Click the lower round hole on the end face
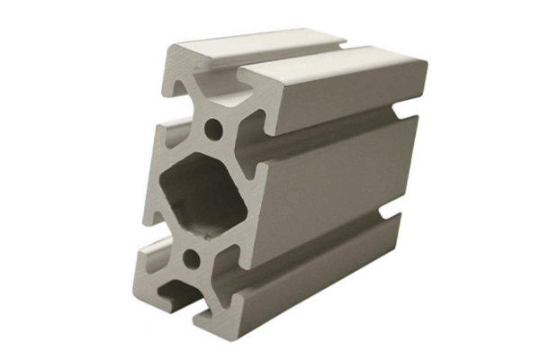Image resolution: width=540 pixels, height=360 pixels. (191, 260)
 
